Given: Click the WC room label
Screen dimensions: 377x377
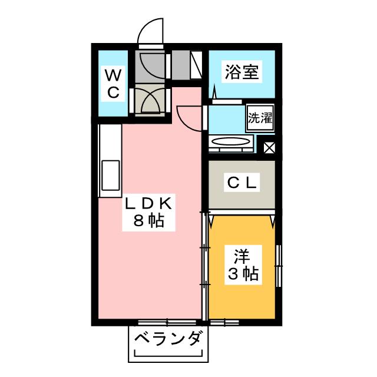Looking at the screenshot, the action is point(113,83).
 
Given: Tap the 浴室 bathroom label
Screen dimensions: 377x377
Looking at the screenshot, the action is point(242,72).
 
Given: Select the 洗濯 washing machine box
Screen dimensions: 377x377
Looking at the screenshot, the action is point(260,118).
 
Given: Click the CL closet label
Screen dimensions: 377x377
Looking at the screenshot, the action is point(242,183).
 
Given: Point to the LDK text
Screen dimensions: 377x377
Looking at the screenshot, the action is point(148,204).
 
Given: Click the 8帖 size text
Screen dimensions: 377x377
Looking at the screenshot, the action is point(148,220).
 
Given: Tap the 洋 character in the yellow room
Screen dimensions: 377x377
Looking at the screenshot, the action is point(242,256).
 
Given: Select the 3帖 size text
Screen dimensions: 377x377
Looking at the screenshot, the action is point(243,273).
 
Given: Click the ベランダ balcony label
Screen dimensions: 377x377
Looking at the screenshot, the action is point(167,339).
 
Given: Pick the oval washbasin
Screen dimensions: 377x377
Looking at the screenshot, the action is point(230,141).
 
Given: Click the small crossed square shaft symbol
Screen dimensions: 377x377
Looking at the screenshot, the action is point(269,148).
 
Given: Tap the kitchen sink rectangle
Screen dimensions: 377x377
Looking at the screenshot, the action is point(111,176).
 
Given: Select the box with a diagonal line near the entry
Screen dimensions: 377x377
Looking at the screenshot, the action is point(196,65).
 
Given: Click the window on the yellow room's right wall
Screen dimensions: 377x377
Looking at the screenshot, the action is point(279,266).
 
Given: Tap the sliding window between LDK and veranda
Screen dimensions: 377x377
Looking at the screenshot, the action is point(167,322).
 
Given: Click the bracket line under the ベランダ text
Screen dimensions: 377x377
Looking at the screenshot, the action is point(168,353).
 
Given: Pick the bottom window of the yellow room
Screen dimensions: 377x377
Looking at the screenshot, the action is point(224,322).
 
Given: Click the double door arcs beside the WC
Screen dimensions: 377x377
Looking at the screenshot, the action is point(151,101).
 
